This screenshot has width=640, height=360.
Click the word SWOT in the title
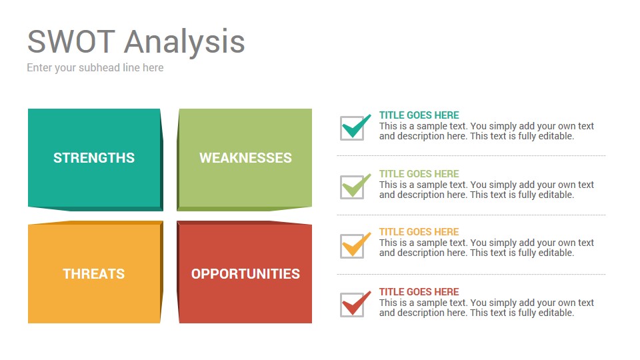tap(71, 41)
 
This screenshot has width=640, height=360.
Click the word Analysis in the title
tap(185, 43)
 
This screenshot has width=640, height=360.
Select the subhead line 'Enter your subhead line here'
tap(95, 68)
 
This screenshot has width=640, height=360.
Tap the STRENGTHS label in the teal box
tap(94, 158)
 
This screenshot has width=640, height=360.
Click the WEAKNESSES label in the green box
tap(246, 158)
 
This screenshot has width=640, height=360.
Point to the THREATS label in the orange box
tap(94, 274)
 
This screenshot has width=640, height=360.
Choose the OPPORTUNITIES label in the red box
tap(246, 274)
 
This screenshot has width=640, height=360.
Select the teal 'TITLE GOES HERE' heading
tap(419, 115)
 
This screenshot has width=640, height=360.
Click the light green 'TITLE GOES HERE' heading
tap(419, 174)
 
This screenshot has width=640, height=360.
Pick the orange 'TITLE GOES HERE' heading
tap(419, 232)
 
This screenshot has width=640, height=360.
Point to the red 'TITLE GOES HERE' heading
tap(419, 292)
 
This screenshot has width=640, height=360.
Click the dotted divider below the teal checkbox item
tap(471, 155)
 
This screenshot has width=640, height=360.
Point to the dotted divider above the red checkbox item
tap(471, 274)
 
